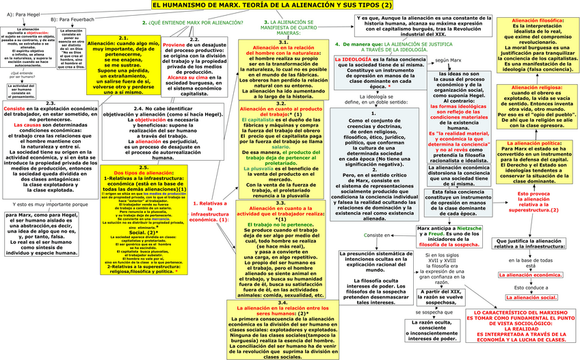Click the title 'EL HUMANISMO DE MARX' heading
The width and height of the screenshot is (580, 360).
(x=288, y=5)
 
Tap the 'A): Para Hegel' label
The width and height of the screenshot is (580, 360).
(x=23, y=13)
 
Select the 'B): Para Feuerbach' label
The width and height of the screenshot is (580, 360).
(x=72, y=20)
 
